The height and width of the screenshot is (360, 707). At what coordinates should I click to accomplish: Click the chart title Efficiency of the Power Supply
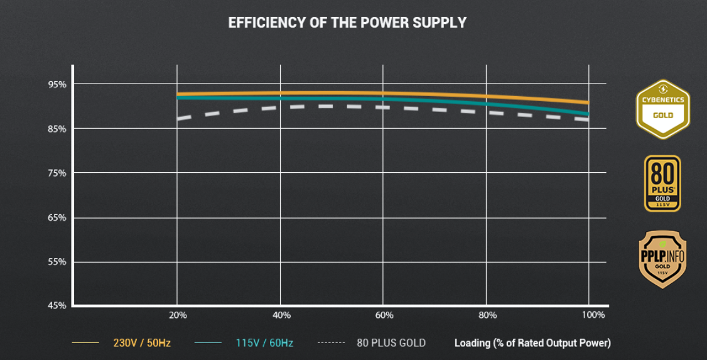tap(347, 23)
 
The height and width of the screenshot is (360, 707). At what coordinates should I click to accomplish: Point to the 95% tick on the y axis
tap(57, 84)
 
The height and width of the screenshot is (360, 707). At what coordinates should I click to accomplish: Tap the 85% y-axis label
tap(57, 129)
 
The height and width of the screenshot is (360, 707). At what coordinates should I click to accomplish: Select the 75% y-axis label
tap(57, 173)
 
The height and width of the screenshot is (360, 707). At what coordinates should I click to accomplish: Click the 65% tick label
tap(57, 218)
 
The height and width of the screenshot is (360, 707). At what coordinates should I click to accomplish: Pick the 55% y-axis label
tap(57, 262)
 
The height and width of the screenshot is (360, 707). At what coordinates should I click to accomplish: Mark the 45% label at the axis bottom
tap(57, 306)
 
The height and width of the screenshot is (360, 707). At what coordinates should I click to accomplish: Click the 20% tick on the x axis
tap(178, 315)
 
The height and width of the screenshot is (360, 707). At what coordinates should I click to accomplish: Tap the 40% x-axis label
tap(281, 315)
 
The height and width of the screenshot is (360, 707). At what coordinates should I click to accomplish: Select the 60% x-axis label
tap(384, 315)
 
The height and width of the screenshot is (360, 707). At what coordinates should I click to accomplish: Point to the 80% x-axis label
tap(487, 315)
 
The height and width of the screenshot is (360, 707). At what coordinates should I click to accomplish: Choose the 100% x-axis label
tap(593, 315)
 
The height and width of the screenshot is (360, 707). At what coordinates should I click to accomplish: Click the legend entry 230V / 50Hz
tap(141, 343)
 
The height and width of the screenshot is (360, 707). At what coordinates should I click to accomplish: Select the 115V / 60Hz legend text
tap(264, 343)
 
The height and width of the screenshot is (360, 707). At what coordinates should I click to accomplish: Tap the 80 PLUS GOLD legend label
tap(391, 343)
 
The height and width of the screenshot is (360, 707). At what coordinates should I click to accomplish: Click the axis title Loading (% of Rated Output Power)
tap(532, 343)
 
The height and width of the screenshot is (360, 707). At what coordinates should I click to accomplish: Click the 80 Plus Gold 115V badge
tap(662, 183)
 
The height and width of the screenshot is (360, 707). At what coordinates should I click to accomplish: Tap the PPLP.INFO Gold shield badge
tap(662, 259)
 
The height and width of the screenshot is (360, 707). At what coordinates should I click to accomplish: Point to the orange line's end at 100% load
tap(588, 102)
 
